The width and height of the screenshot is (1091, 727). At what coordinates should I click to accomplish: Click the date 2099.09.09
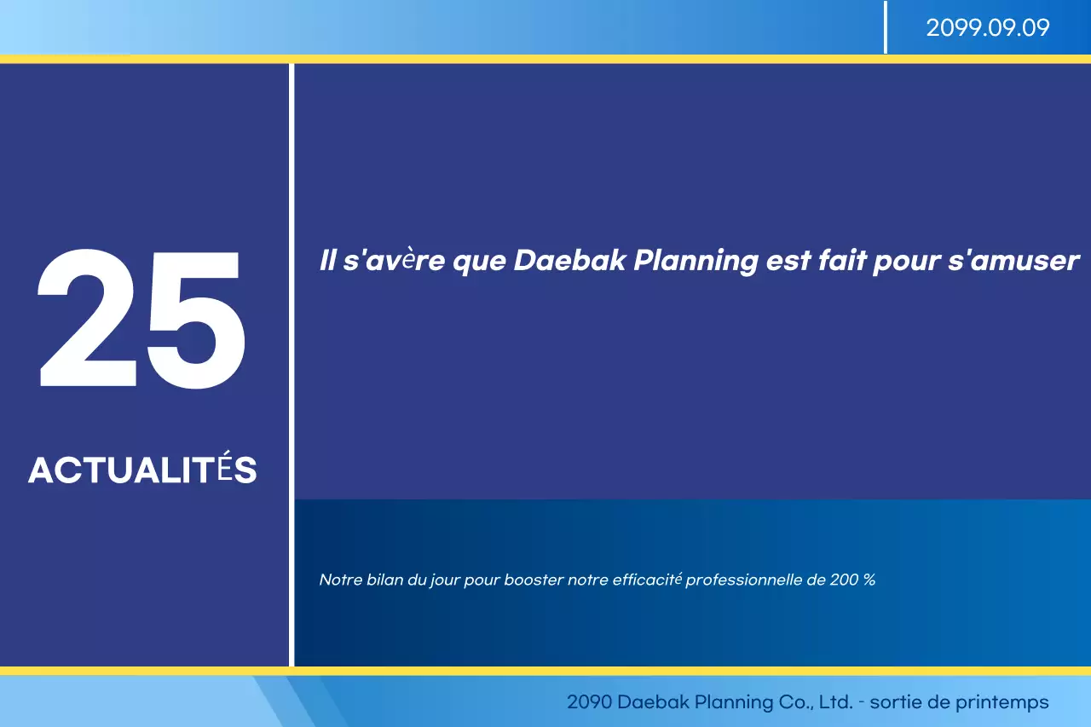pyautogui.click(x=987, y=28)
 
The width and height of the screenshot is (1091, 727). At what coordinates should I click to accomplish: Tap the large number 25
pyautogui.click(x=141, y=319)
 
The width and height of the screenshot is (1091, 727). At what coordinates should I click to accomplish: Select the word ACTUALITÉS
pyautogui.click(x=142, y=470)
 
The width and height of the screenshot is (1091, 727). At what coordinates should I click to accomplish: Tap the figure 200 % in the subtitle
pyautogui.click(x=851, y=580)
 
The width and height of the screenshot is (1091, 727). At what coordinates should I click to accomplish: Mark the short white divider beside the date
pyautogui.click(x=886, y=27)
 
